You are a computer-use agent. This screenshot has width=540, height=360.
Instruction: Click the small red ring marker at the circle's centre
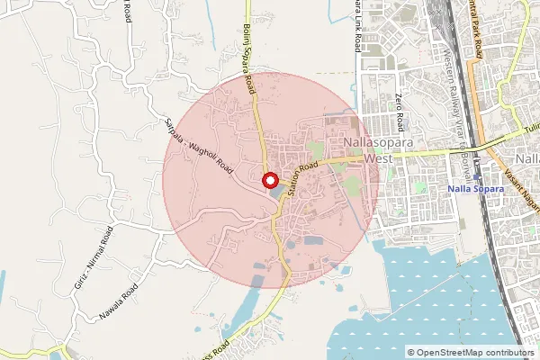(x=269, y=181)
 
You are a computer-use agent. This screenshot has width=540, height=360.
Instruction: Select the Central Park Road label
(x=476, y=31)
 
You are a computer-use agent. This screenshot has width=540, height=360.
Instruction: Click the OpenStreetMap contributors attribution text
(x=471, y=352)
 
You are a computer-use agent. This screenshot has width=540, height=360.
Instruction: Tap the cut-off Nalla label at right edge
(x=528, y=159)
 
